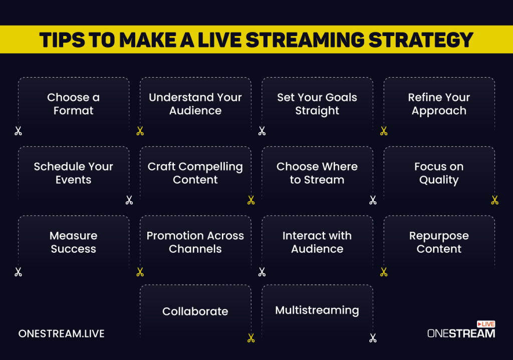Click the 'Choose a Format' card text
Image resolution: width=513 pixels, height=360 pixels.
(73, 104)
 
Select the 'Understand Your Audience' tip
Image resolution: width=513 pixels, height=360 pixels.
(195, 104)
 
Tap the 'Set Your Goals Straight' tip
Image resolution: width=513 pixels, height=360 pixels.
(317, 104)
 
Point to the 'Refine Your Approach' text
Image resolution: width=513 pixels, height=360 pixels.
(439, 104)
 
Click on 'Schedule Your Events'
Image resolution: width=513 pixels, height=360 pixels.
(73, 173)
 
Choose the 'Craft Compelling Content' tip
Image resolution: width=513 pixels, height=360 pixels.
(195, 173)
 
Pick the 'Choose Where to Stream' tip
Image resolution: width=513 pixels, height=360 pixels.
(317, 173)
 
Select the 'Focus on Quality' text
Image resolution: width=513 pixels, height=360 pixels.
(439, 173)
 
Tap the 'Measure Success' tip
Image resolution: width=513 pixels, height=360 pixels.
(73, 242)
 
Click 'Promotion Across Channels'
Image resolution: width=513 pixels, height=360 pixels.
(195, 242)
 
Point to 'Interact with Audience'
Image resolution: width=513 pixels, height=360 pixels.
(317, 242)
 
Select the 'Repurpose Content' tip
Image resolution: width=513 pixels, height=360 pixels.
(439, 242)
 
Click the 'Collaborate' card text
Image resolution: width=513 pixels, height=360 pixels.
(195, 311)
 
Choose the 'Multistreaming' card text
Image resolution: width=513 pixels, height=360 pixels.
(317, 310)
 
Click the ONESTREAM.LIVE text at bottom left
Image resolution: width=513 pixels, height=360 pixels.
(61, 333)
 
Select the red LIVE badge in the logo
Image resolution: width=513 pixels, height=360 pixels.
(485, 324)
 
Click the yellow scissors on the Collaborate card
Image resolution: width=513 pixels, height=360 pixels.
(251, 338)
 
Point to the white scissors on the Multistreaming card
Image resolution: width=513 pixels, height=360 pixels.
(373, 338)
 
